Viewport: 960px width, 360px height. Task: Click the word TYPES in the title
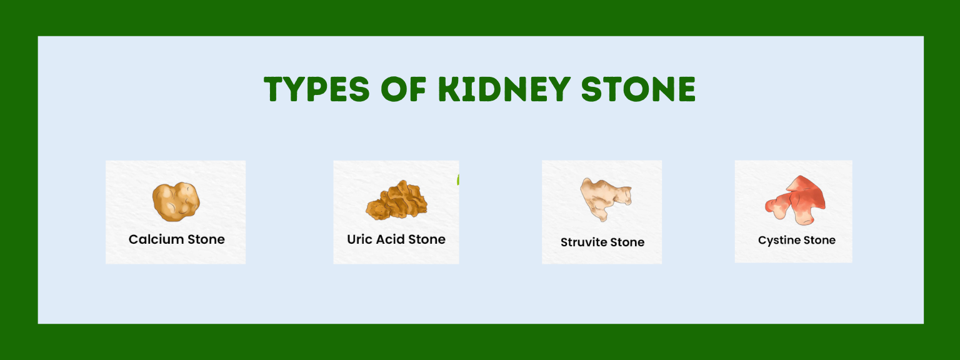coord(316,89)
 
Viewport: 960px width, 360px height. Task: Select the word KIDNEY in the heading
coord(504,89)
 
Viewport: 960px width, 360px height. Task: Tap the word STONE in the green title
coord(638,89)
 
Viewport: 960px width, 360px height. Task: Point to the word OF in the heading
coord(403,89)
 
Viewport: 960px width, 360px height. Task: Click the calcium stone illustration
coord(176,201)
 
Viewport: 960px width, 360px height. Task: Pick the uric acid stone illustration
coord(396,200)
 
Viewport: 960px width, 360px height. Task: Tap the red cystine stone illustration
coord(796,201)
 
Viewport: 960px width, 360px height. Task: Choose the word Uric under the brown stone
coord(359,239)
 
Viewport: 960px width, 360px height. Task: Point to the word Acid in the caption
coord(390,239)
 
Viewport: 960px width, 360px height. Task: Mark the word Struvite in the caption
coord(583,242)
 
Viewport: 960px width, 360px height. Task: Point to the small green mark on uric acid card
coord(457,180)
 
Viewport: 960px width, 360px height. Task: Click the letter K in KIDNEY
coord(449,89)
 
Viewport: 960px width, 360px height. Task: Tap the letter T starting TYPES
coord(275,89)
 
